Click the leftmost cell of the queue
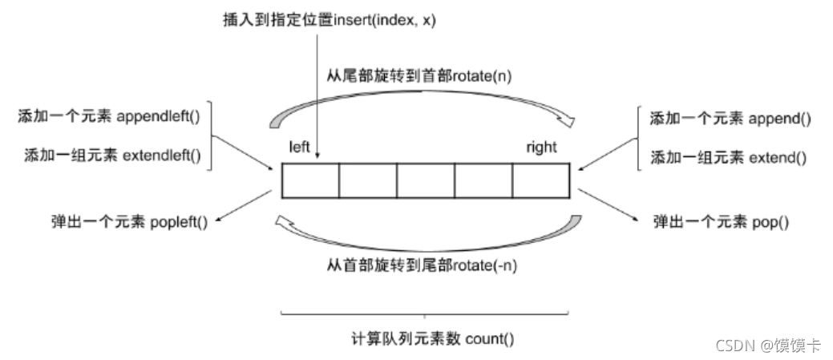[310, 180]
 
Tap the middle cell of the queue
[426, 180]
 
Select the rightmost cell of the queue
[541, 180]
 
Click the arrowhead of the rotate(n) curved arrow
[565, 121]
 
